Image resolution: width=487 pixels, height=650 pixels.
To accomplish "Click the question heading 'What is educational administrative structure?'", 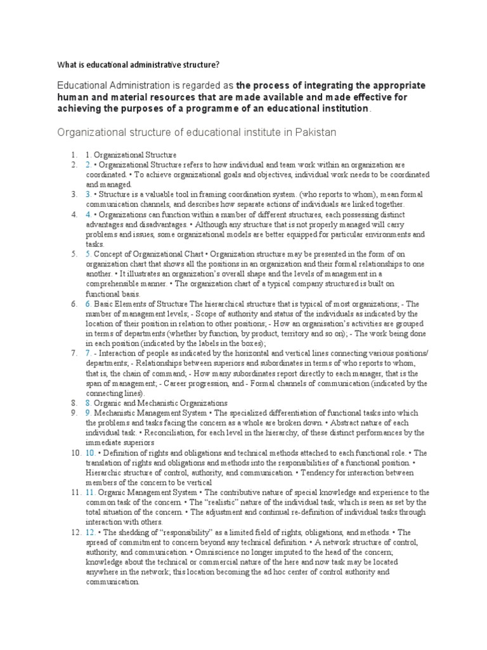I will [139, 64].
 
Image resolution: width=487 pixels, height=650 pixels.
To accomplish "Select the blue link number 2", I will [89, 164].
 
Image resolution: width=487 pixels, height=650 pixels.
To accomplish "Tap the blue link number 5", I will [89, 254].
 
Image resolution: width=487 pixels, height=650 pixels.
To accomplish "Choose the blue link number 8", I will [89, 402].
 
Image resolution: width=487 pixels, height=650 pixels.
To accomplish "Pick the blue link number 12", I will [91, 532].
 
